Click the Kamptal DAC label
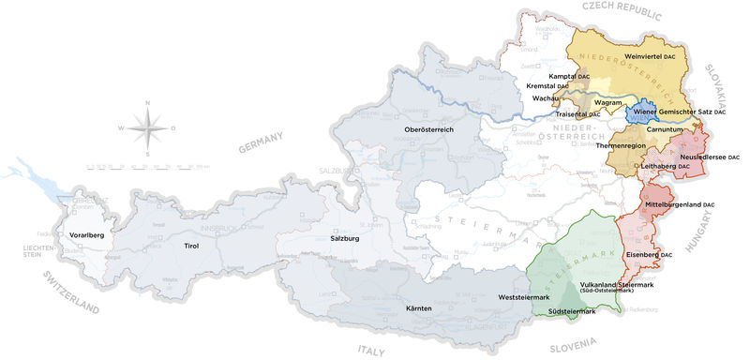(569, 74)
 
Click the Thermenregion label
(622, 146)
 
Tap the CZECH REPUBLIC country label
(622, 10)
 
